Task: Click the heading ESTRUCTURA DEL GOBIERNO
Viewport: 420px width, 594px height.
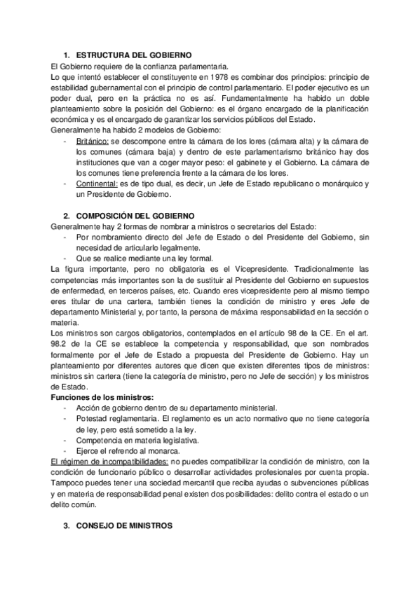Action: pos(133,55)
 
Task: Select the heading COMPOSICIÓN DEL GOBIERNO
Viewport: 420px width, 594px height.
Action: pos(135,216)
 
